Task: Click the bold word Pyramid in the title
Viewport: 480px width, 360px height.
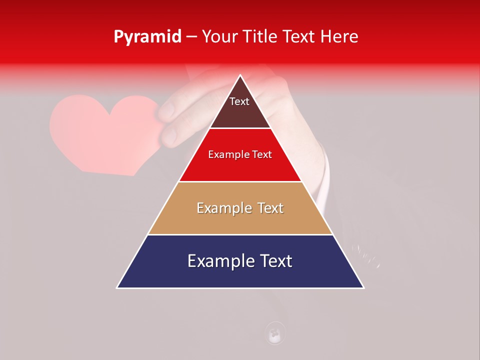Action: (x=147, y=37)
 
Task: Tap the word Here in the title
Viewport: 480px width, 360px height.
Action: (x=339, y=37)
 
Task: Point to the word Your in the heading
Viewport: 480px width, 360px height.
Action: (x=219, y=37)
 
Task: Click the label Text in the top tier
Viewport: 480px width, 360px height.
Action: (x=239, y=101)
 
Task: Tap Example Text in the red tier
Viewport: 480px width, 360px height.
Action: (x=240, y=154)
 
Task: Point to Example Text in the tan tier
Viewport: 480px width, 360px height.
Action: (x=240, y=208)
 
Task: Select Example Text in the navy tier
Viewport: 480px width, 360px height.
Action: (x=240, y=261)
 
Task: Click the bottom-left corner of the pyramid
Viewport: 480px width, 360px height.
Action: (x=117, y=287)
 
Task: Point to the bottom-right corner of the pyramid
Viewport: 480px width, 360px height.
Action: (x=363, y=287)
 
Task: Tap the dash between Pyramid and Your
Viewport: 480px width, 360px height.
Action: (x=191, y=37)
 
